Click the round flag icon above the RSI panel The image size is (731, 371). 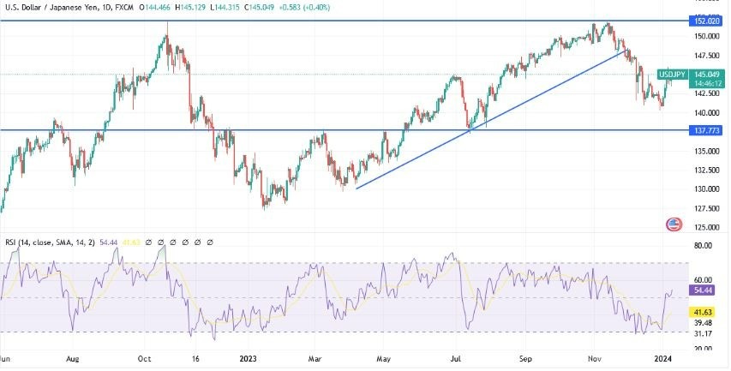[x=674, y=224]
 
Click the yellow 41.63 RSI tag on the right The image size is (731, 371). [x=703, y=313]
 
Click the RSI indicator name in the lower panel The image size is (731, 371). [x=11, y=243]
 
